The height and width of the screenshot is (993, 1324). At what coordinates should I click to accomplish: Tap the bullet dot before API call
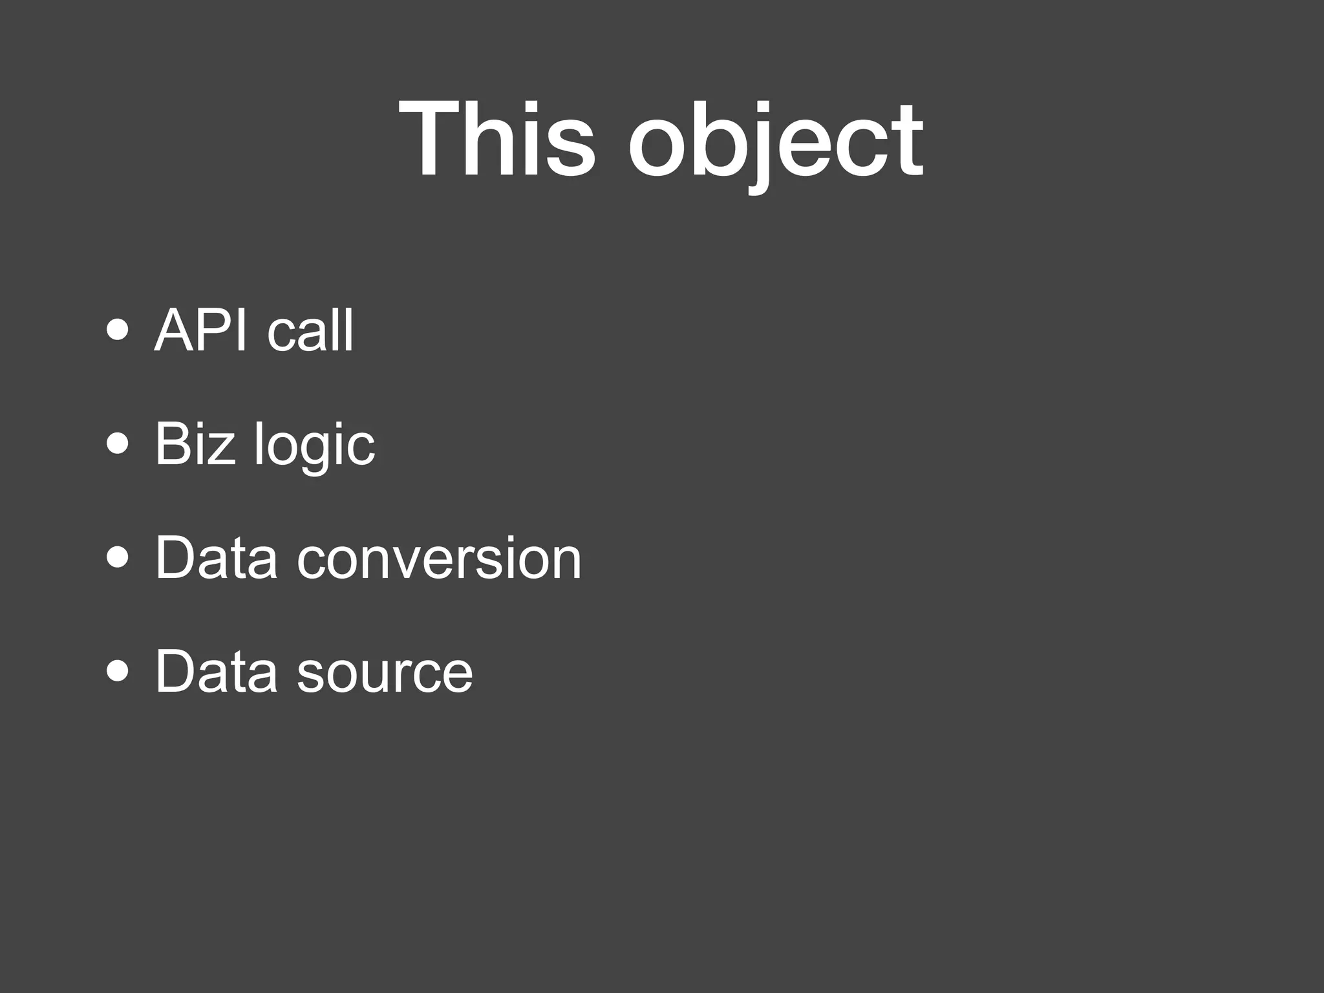click(x=117, y=330)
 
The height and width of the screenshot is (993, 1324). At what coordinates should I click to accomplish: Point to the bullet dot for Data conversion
click(x=117, y=557)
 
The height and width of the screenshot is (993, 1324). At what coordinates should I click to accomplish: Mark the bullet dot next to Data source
click(x=117, y=671)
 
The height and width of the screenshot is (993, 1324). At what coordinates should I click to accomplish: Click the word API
click(x=201, y=330)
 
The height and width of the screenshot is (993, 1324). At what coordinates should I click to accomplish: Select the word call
click(x=310, y=330)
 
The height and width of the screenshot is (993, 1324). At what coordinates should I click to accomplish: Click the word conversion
click(x=439, y=559)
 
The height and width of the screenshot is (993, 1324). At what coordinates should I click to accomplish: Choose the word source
click(x=385, y=672)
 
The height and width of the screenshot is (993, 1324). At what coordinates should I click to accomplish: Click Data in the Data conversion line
click(x=217, y=557)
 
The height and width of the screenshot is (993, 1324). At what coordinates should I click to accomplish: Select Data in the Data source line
click(x=217, y=671)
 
